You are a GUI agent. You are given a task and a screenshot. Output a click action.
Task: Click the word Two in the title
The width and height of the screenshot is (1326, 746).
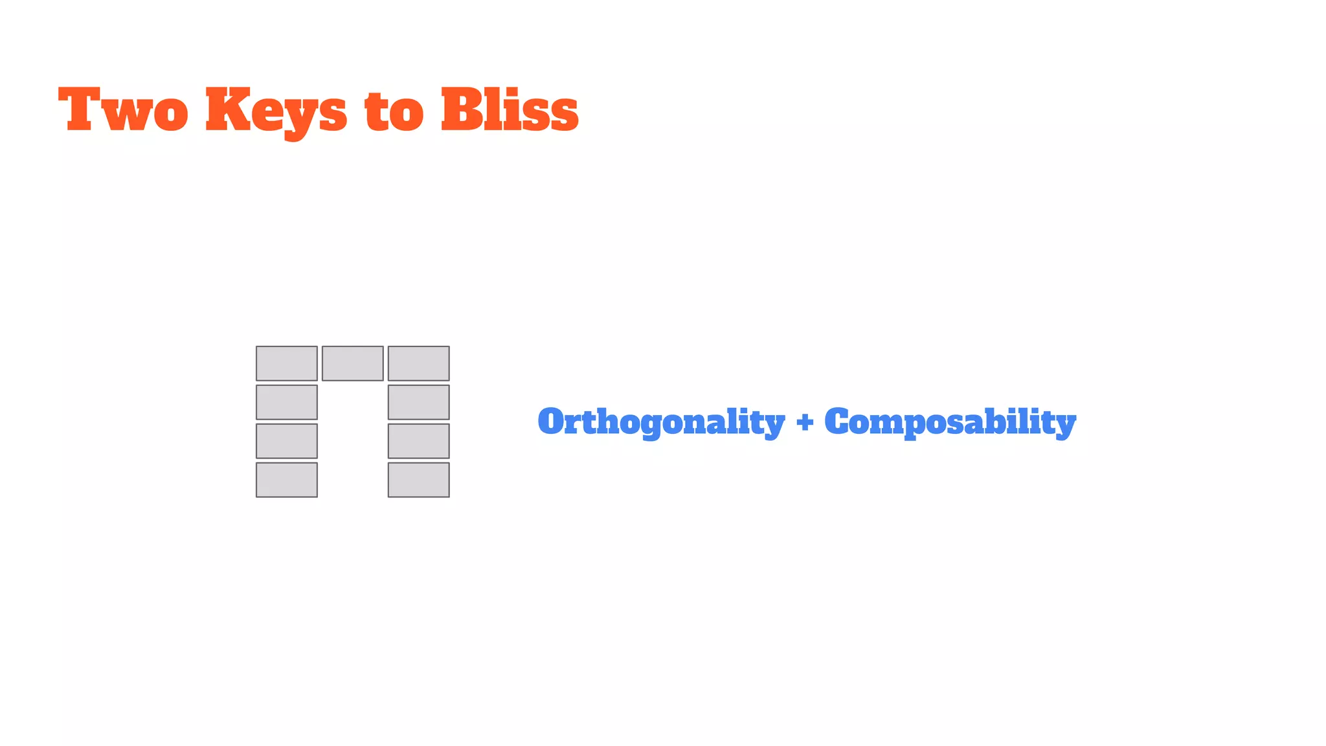pos(123,110)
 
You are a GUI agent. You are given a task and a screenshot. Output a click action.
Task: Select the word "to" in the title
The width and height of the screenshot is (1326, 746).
pos(394,111)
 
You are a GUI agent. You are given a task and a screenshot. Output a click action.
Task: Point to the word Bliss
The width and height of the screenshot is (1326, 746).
pos(510,110)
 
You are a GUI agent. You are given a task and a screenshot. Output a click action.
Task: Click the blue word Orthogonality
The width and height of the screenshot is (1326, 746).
pos(661,422)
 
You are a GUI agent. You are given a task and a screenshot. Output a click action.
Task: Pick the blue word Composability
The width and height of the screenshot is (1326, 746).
pos(950,422)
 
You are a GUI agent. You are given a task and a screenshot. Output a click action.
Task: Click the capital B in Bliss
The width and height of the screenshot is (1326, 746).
pos(462,110)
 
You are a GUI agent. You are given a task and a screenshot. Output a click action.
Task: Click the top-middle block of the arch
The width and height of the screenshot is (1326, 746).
pos(353,363)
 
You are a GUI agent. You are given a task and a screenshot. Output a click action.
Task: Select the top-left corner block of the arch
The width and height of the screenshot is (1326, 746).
pos(287,363)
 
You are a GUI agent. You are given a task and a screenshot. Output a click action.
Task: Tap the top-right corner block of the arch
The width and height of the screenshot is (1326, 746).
pos(419,363)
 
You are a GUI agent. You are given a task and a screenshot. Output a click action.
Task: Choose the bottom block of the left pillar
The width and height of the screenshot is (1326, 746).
pos(287,480)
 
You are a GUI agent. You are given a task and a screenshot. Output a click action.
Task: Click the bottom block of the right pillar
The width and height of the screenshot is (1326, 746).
pos(419,480)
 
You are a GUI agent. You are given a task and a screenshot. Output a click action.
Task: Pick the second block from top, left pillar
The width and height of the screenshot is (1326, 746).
pos(287,402)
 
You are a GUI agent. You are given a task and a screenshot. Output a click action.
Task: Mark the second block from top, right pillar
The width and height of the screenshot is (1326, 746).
pos(419,402)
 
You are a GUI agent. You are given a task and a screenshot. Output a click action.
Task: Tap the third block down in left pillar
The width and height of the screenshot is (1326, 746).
pos(287,441)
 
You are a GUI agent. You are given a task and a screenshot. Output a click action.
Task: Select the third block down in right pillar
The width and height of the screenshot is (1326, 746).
pos(419,441)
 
